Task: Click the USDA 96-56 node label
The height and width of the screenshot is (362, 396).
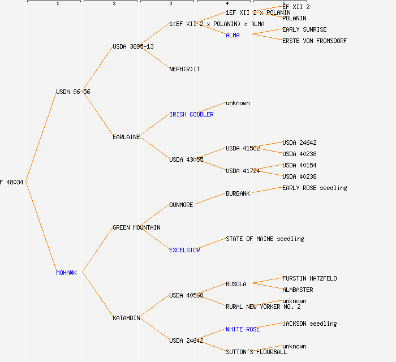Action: click(x=73, y=92)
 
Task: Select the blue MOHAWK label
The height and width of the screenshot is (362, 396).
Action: click(x=66, y=273)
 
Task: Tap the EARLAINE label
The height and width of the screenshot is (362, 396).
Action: click(x=126, y=137)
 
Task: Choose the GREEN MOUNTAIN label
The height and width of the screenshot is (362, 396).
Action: click(x=136, y=227)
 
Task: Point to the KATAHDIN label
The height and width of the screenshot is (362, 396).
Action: click(x=126, y=318)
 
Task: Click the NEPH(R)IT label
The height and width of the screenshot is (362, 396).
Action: click(x=184, y=69)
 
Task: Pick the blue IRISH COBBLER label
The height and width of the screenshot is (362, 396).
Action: click(x=191, y=114)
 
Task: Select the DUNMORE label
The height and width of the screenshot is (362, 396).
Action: click(x=181, y=205)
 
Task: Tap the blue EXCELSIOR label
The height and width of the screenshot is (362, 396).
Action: click(x=184, y=250)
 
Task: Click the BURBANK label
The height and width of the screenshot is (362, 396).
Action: click(x=238, y=193)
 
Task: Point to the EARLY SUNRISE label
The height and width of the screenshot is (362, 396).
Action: click(x=304, y=29)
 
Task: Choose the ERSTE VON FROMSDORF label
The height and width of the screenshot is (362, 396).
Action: click(x=315, y=41)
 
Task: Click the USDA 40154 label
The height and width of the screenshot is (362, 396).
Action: click(x=299, y=165)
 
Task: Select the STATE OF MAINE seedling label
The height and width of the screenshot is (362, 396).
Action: click(x=265, y=239)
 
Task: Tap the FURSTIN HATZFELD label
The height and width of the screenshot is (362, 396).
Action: click(x=309, y=278)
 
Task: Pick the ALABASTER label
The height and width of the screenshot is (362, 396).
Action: click(x=298, y=290)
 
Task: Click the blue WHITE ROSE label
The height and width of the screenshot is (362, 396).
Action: click(x=243, y=329)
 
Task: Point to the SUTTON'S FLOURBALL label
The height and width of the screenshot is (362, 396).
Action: click(x=256, y=352)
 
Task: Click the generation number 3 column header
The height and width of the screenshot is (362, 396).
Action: click(x=170, y=4)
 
